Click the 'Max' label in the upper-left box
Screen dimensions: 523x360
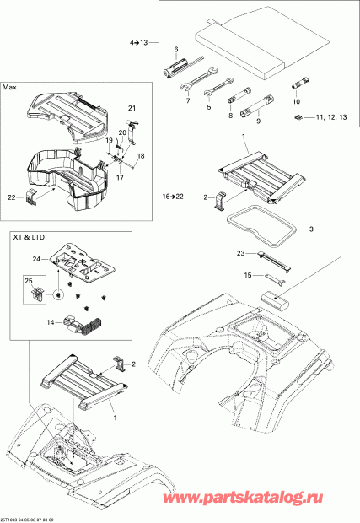10,87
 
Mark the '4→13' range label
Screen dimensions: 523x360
137,42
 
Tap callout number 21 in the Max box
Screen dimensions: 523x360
132,108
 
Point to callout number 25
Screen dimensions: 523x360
27,279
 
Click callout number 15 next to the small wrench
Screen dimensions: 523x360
248,275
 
